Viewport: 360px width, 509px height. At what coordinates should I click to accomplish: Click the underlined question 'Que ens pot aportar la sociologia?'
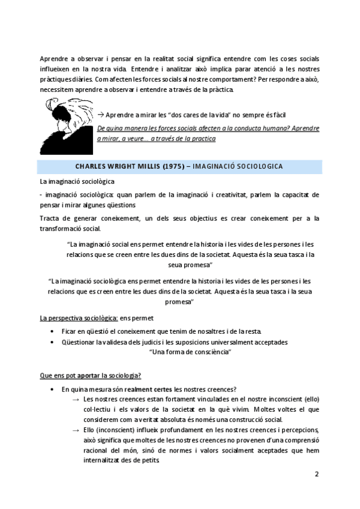tap(90, 375)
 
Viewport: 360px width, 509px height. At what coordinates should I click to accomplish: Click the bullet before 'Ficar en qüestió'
tap(55, 332)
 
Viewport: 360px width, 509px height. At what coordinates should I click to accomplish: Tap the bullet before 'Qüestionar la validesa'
tap(55, 342)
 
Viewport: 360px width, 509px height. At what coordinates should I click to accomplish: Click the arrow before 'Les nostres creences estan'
tap(76, 400)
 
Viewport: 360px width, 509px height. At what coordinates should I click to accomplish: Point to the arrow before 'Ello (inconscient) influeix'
tap(76, 430)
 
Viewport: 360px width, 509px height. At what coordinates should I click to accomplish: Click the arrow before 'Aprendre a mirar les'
tap(100, 115)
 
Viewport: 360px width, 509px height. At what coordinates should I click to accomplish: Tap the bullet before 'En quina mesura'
tap(55, 390)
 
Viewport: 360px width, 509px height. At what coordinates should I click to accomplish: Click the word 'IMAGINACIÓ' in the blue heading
tap(215, 165)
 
